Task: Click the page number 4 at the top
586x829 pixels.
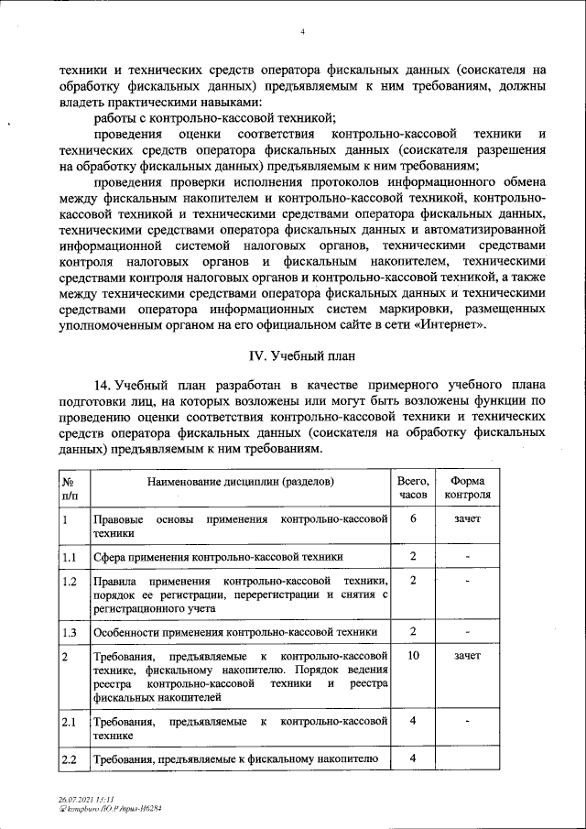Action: (302, 34)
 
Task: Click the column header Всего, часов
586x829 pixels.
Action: (413, 487)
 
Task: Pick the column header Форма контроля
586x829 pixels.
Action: (467, 487)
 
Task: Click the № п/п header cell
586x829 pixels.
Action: (69, 487)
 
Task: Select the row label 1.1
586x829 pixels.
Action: (69, 556)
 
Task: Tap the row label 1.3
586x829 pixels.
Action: (69, 632)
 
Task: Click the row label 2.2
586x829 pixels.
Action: (69, 759)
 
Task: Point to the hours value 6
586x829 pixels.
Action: (413, 518)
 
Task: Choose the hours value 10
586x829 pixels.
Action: (413, 657)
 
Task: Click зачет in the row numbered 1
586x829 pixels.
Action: (467, 518)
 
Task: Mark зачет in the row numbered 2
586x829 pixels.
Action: (467, 657)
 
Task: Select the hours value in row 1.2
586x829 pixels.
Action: (413, 581)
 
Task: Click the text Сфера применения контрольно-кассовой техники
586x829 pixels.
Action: (218, 556)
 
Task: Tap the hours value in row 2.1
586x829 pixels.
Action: (413, 721)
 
